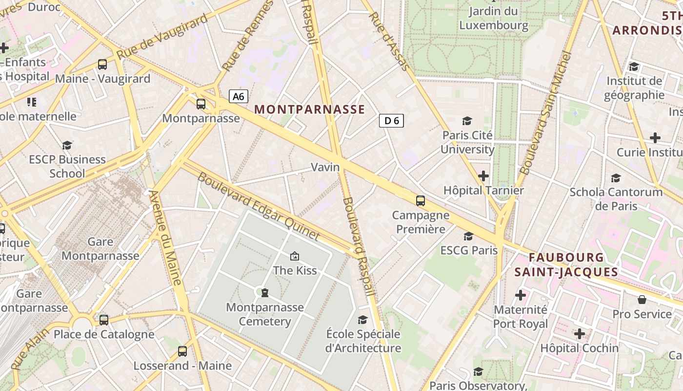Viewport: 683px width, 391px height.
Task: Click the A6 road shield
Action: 238,96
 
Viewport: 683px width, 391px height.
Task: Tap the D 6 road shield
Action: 392,121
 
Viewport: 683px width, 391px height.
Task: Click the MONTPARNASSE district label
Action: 309,109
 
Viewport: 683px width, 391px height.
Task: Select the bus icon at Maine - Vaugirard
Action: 102,64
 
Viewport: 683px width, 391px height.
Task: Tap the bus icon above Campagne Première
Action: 421,200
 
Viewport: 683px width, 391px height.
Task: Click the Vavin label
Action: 325,167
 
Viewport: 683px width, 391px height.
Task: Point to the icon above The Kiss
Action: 295,256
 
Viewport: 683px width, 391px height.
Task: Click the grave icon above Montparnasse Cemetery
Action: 264,293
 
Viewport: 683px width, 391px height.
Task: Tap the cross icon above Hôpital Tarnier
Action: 483,175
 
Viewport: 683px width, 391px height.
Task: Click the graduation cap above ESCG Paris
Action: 469,237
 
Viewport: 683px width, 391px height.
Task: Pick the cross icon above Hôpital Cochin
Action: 579,334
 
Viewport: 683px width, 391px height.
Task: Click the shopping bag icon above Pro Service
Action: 642,300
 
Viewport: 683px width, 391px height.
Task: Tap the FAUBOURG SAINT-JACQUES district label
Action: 566,264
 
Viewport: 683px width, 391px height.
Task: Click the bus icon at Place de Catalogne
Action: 104,320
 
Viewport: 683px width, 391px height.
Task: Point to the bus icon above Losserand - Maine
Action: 182,351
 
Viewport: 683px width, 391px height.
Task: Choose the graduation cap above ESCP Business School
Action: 67,145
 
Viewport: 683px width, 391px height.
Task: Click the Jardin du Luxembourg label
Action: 493,18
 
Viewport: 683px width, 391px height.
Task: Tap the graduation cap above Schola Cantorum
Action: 616,178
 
